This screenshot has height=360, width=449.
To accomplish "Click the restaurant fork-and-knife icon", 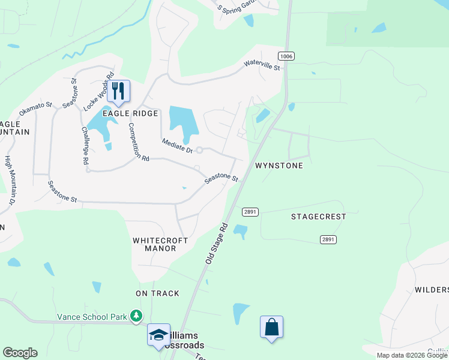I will (118, 91).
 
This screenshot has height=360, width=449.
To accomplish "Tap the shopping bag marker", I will (271, 327).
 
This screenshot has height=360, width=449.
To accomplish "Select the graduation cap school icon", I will (158, 334).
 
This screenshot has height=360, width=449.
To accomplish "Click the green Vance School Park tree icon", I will (137, 316).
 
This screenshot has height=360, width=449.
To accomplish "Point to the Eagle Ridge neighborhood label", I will (130, 113).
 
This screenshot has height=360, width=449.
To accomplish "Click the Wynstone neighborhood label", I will (279, 165).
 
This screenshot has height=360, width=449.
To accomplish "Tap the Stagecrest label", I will (319, 216).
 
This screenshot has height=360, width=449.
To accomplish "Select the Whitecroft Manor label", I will (160, 244).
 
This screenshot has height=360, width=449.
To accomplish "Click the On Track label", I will (157, 293).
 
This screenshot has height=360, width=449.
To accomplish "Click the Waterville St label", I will (262, 65).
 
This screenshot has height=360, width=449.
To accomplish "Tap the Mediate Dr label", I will (177, 146).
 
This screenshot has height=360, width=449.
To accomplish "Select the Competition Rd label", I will (138, 142).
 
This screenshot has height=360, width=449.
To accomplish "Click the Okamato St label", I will (35, 109).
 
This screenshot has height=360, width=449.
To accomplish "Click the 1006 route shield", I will (286, 56).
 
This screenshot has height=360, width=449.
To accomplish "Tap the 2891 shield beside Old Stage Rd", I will (250, 212).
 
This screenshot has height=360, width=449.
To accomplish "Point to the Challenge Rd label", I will (85, 146).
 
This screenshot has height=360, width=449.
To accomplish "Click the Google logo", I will (20, 353).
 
